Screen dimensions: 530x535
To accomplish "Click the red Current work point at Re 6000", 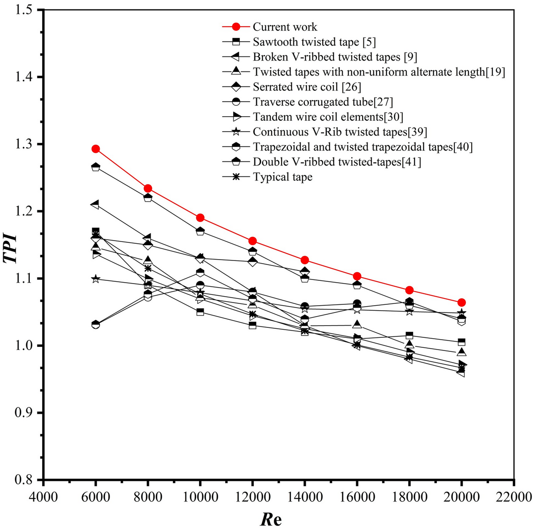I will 96,149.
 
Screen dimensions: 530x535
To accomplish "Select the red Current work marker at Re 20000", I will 461,303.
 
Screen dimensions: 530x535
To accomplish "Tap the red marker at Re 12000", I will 253,241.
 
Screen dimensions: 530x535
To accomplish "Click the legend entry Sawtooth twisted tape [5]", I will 314,42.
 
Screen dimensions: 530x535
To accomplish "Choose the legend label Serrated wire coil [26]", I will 307,87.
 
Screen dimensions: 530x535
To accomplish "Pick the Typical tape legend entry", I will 282,177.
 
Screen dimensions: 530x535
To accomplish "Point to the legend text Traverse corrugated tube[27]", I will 323,102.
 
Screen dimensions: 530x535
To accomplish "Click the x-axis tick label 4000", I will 43,497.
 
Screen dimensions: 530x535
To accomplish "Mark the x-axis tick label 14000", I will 305,497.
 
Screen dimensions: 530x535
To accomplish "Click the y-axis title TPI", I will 11,248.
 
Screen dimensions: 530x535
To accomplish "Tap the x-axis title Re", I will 271,519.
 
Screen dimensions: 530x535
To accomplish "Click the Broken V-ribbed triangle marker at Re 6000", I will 96,204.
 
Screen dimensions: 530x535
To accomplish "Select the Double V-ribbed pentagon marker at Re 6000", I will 96,167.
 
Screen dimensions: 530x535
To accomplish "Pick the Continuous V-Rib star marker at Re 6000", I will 96,279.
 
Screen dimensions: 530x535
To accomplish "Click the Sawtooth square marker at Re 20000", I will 461,342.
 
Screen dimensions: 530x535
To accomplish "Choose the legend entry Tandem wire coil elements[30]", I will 328,117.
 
